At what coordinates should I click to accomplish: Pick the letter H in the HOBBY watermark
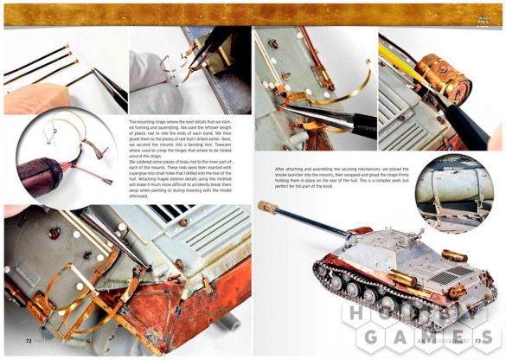point(355,314)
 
